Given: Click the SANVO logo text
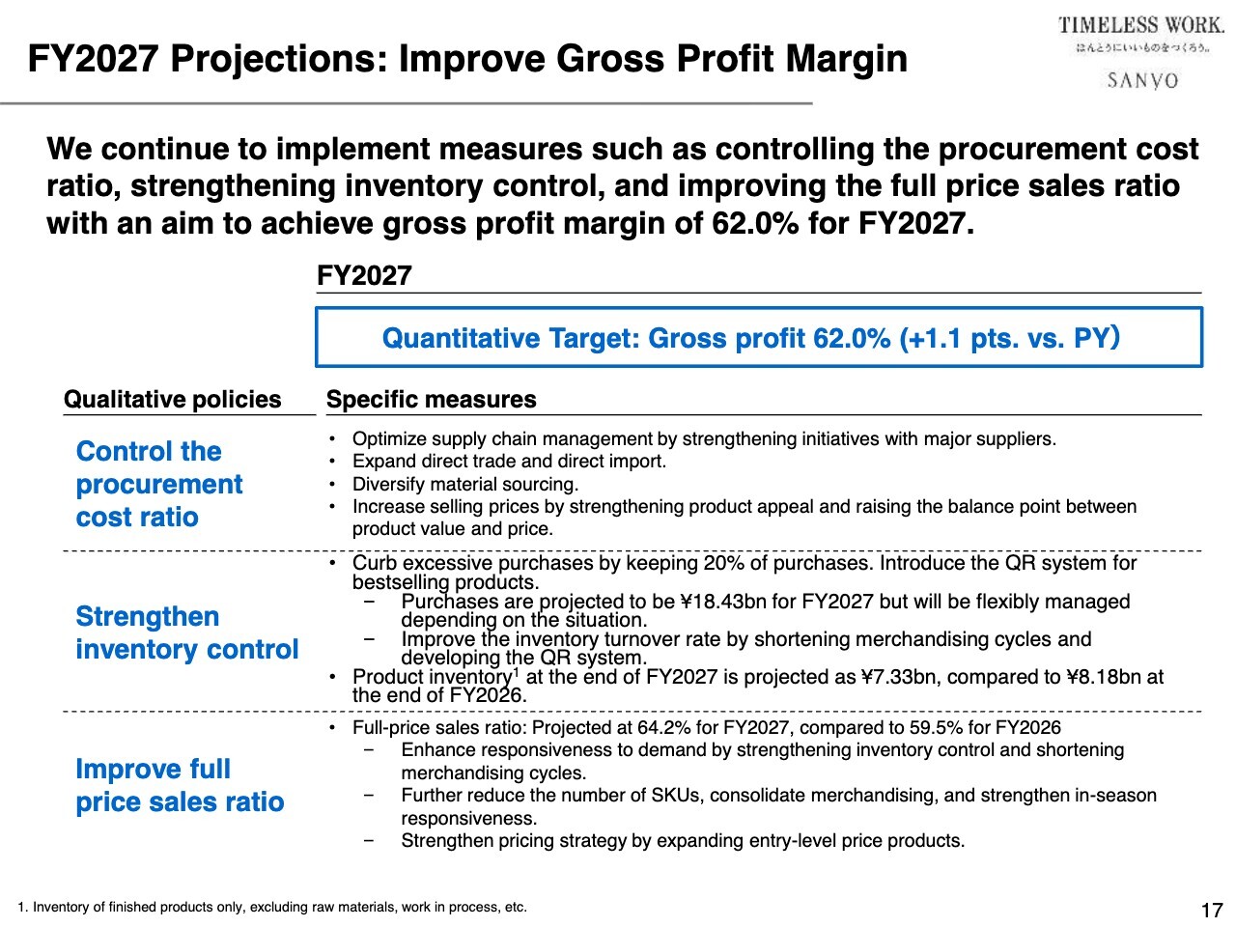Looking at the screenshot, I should point(1142,80).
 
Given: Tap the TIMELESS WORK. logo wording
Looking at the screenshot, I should point(1140,26).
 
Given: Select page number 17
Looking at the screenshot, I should point(1211,910).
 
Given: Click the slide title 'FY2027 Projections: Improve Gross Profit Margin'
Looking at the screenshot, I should point(467,60).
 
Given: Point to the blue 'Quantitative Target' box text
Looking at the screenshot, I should point(750,338).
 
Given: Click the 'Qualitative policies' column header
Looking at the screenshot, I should point(172,400).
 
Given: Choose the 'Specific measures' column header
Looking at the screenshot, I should point(431,400).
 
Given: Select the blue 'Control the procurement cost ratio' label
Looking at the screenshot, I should point(159,484).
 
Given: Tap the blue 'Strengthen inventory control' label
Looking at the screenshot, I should point(186,632).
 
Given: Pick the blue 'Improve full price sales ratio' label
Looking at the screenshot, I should point(180,785).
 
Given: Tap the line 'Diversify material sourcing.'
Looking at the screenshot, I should point(465,484).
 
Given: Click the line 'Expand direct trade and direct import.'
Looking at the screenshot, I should point(509,462).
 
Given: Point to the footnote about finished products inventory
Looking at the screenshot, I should point(272,907).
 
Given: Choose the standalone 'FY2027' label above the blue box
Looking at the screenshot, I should point(364,276).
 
